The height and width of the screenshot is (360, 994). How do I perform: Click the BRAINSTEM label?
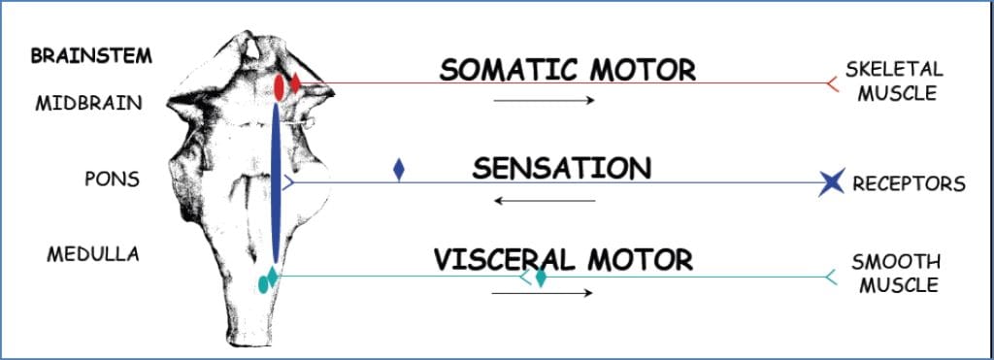coord(91,55)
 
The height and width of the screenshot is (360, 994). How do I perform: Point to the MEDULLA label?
coord(93,254)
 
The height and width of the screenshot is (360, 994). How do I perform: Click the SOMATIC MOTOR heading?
coord(568,70)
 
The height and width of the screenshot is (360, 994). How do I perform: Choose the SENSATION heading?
coord(562,169)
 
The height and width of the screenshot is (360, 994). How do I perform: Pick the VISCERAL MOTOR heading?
coord(563,259)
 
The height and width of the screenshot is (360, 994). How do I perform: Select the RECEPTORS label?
coord(909,183)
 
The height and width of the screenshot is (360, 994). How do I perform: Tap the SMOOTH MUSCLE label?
coord(894,273)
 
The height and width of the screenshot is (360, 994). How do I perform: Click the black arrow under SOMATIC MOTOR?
coord(544,100)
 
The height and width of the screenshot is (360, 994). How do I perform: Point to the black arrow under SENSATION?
coord(544,201)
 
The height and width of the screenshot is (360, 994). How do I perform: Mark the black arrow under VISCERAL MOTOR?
coord(544,291)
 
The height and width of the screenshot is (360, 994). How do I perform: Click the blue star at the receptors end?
coord(831,181)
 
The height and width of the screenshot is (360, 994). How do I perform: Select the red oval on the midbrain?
coord(279,87)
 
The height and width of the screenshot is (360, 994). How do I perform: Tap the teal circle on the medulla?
coord(262,284)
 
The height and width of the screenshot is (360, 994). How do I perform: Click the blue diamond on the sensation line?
coord(398,171)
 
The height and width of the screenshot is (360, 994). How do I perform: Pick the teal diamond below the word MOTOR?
coord(541,278)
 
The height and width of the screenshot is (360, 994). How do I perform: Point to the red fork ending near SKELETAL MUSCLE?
coord(831,83)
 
